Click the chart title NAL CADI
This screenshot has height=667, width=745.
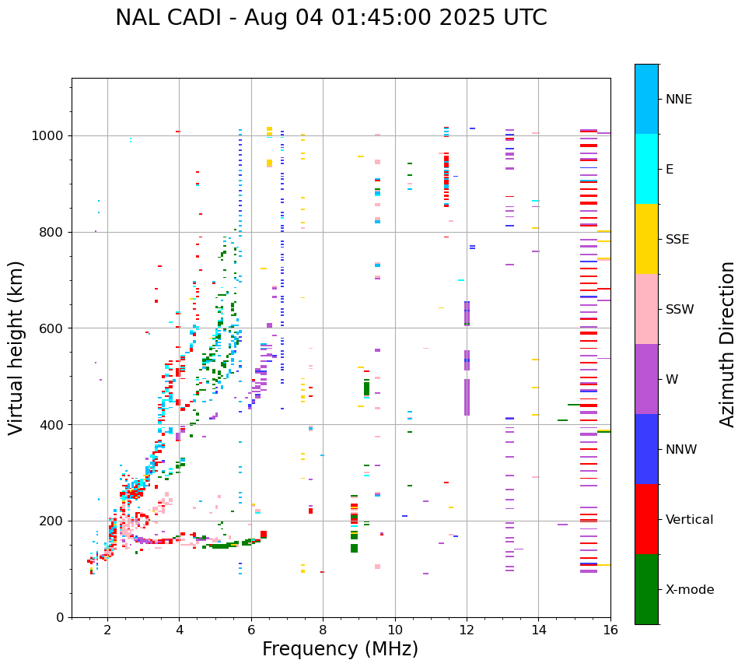pyautogui.click(x=331, y=18)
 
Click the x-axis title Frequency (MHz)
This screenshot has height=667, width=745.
pyautogui.click(x=340, y=649)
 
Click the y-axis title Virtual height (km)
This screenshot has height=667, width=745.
pyautogui.click(x=16, y=347)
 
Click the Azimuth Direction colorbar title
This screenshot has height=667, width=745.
pyautogui.click(x=727, y=344)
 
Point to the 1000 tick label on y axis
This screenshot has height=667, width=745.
pyautogui.click(x=49, y=135)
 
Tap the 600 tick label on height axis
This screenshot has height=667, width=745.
pyautogui.click(x=52, y=328)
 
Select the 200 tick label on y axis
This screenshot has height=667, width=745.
pyautogui.click(x=52, y=521)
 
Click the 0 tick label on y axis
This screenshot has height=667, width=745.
pyautogui.click(x=60, y=617)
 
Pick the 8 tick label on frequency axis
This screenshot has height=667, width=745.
pyautogui.click(x=323, y=630)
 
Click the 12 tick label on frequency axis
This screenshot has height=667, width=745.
pyautogui.click(x=467, y=630)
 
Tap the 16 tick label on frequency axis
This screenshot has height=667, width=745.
pyautogui.click(x=610, y=630)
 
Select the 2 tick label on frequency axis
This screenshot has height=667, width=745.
pyautogui.click(x=107, y=630)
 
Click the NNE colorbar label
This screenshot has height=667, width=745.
pyautogui.click(x=678, y=100)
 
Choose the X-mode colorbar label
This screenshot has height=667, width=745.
pyautogui.click(x=690, y=590)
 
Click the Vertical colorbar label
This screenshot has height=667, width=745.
pyautogui.click(x=689, y=520)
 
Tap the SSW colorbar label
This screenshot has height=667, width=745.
pyautogui.click(x=680, y=310)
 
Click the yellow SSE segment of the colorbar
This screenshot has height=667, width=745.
pyautogui.click(x=646, y=239)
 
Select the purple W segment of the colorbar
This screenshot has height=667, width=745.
pyautogui.click(x=646, y=379)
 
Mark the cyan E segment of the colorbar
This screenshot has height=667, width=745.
pyautogui.click(x=646, y=169)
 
